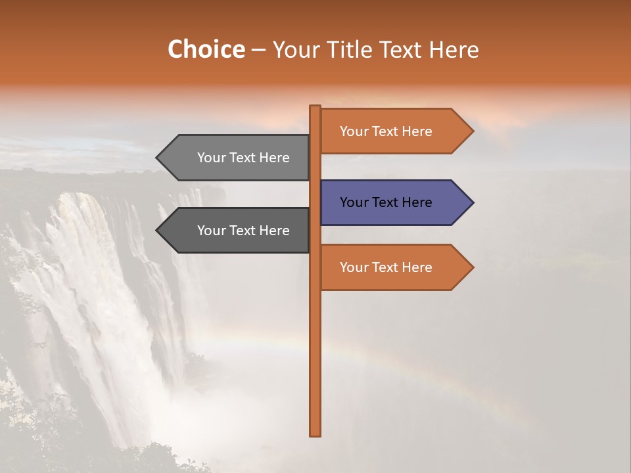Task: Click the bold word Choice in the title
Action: [206, 49]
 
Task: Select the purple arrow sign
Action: [394, 202]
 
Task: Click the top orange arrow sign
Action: [394, 131]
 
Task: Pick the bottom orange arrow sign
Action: [394, 267]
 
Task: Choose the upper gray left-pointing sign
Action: [237, 158]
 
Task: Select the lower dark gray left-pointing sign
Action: [237, 231]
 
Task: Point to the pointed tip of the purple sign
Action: [472, 202]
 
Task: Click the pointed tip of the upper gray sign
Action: [158, 158]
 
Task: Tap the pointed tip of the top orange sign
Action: [472, 131]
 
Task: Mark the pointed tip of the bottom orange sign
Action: [472, 267]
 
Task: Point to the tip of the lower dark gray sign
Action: [158, 231]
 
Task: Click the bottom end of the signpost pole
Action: [315, 434]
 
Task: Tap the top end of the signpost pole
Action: [315, 108]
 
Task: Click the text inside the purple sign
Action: [386, 202]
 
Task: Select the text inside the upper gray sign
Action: [243, 158]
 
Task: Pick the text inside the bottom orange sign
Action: [386, 267]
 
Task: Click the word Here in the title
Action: [454, 49]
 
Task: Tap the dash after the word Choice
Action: [258, 51]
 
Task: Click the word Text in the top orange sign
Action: [386, 131]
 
